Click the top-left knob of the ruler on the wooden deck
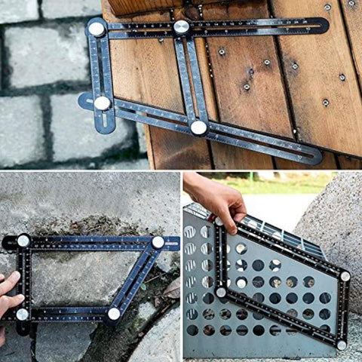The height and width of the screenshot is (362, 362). (97, 29)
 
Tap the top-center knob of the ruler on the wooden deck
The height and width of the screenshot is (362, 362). (181, 27)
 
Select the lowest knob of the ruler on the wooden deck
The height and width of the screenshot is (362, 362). (198, 127)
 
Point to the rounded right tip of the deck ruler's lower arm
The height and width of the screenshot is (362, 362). (315, 158)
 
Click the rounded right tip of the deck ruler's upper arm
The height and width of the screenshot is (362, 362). (324, 26)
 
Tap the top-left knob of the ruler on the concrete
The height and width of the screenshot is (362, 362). (23, 241)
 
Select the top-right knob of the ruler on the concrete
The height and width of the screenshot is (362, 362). (158, 242)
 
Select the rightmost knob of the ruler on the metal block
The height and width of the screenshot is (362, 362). (345, 276)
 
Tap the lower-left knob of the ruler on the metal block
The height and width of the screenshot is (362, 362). (221, 292)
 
